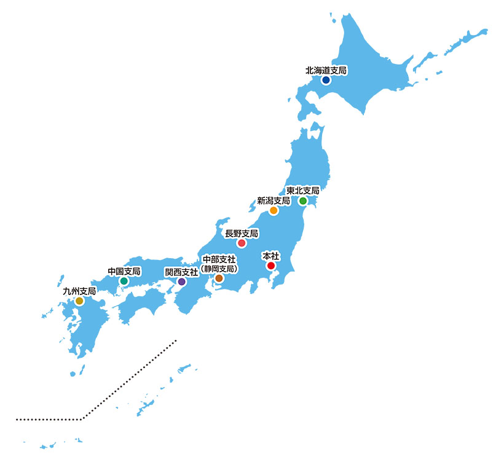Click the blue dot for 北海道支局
(x=326, y=80)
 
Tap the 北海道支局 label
(x=326, y=70)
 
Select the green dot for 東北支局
(x=303, y=201)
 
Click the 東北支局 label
(x=303, y=191)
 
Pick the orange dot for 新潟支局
(x=274, y=211)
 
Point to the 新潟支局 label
(x=274, y=201)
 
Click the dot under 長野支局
(x=242, y=243)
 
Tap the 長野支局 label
(x=242, y=234)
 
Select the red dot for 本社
(x=270, y=266)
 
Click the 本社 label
(x=270, y=256)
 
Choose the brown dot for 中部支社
(x=219, y=278)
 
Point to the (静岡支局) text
(x=219, y=269)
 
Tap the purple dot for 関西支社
(x=181, y=282)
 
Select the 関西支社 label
(x=181, y=272)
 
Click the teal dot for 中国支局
(x=124, y=281)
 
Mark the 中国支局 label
(x=124, y=271)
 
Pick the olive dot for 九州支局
(x=79, y=301)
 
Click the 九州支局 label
(x=79, y=291)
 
